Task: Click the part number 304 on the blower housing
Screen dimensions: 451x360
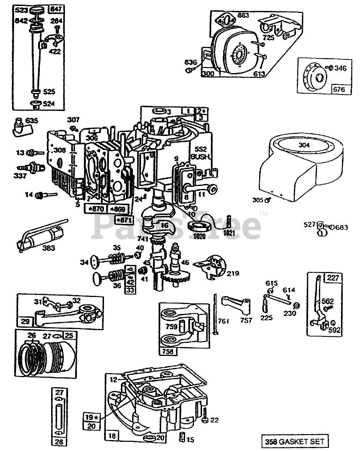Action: (305, 145)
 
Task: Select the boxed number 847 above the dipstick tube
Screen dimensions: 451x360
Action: (55, 9)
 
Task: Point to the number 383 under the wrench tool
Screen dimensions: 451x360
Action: (49, 248)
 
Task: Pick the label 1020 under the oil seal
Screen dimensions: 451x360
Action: (199, 236)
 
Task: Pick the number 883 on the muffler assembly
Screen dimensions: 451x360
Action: (243, 15)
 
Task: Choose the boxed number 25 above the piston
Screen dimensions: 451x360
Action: (69, 335)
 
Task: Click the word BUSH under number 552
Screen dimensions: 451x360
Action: (201, 156)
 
